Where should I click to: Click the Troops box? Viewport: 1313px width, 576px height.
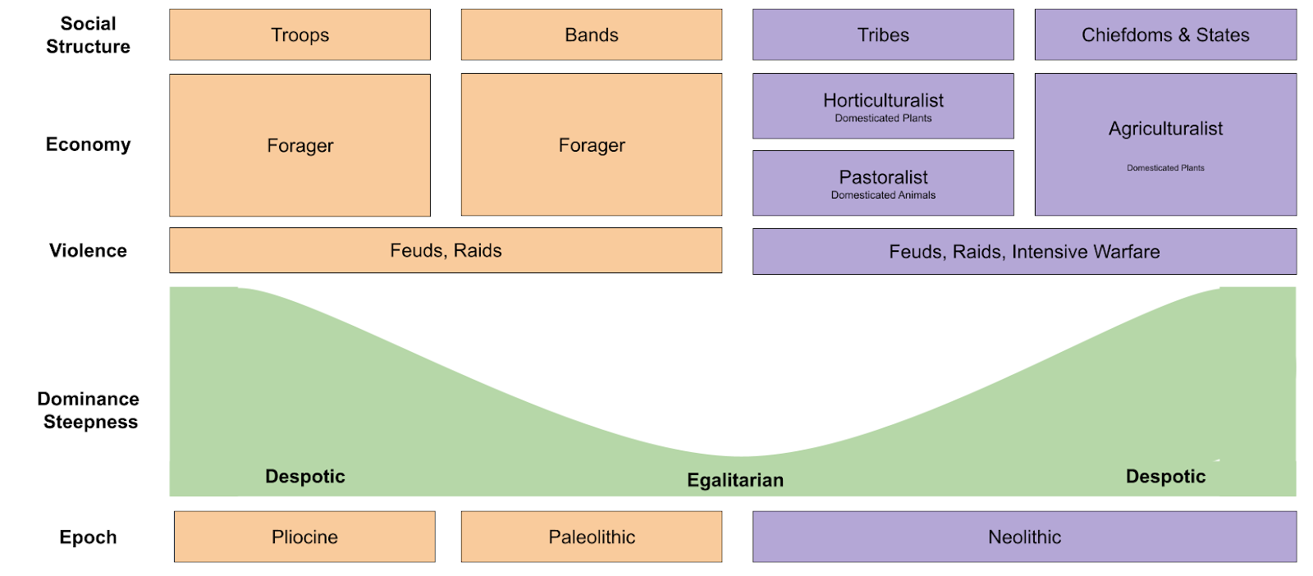[x=300, y=35]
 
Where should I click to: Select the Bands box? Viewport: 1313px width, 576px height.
[x=591, y=35]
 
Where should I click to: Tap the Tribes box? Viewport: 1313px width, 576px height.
[x=883, y=35]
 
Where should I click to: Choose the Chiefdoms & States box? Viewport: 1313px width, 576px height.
[x=1165, y=35]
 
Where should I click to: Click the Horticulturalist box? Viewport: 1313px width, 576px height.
[x=883, y=106]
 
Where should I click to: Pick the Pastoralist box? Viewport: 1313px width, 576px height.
[x=883, y=183]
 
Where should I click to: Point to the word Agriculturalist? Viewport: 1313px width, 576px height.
[x=1165, y=129]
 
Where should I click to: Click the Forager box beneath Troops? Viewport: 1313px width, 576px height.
[x=300, y=145]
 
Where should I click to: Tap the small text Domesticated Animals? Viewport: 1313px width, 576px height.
[x=883, y=195]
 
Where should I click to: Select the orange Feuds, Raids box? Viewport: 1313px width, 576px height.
[x=446, y=250]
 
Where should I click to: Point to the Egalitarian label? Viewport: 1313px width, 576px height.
[x=735, y=480]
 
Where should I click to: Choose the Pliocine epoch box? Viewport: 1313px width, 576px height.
[x=304, y=537]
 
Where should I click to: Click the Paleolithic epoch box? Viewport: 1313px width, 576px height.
[x=591, y=537]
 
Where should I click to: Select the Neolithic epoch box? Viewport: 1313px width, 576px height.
[x=1024, y=537]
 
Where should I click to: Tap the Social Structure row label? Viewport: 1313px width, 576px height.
[x=88, y=35]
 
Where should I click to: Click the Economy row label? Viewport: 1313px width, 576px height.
[x=88, y=144]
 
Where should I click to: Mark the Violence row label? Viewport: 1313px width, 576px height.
[x=88, y=250]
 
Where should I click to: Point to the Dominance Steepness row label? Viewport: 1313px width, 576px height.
[x=89, y=410]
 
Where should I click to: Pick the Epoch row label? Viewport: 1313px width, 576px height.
[x=88, y=537]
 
